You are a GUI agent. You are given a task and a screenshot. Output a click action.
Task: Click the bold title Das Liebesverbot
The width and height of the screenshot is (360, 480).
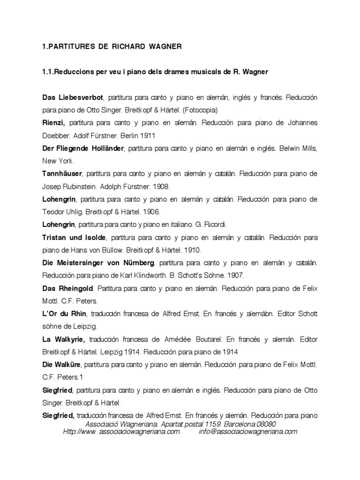[72, 97]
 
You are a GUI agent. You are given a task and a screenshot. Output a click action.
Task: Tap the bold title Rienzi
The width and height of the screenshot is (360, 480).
[53, 123]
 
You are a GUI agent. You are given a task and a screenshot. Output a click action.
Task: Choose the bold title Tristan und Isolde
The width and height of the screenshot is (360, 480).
[75, 237]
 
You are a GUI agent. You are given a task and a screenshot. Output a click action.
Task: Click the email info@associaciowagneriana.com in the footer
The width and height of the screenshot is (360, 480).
[248, 432]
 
